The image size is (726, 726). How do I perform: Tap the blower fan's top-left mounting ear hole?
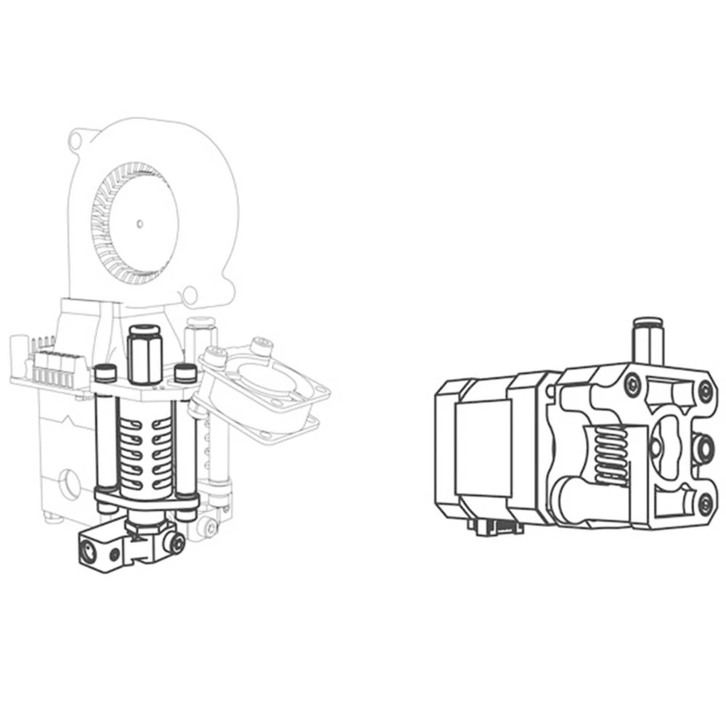pos(75,139)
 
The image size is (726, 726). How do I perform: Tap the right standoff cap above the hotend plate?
pos(186,373)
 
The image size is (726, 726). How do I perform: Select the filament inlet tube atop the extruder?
pos(644,338)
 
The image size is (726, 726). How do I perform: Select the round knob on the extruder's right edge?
pos(701,449)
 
